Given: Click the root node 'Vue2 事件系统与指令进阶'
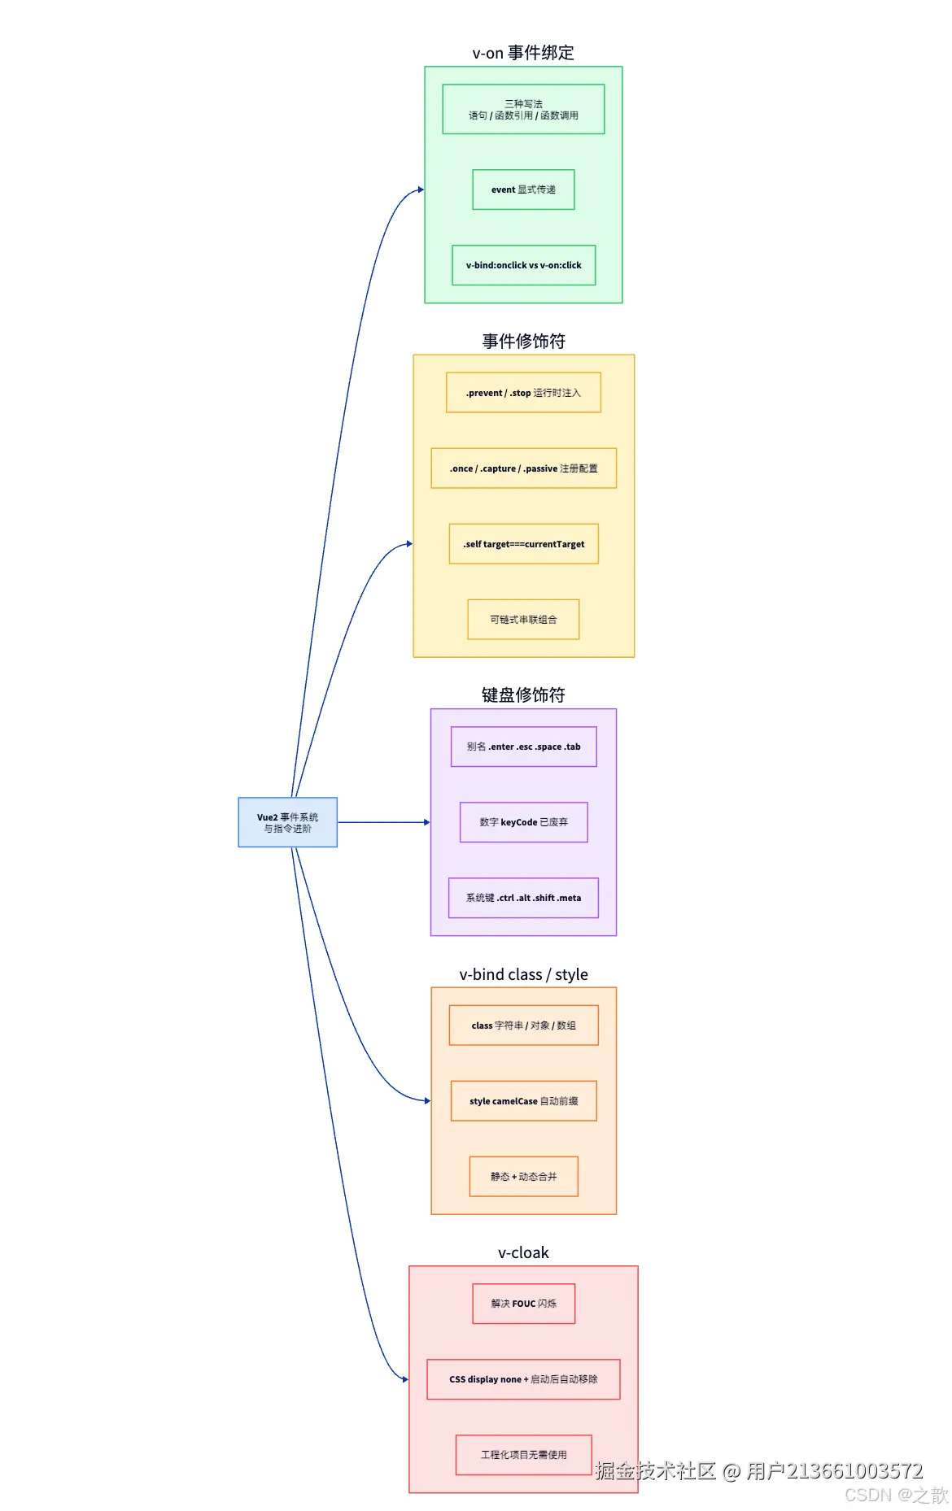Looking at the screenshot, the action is (x=287, y=822).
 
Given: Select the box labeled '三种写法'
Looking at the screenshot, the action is (x=523, y=109).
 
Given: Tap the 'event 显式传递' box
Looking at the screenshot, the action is (x=523, y=189).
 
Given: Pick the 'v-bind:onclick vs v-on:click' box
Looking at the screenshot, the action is (x=523, y=265).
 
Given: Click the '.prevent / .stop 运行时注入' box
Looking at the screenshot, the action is (x=523, y=393).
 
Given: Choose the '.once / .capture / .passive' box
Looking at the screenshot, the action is (x=523, y=468).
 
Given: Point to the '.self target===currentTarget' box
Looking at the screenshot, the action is (x=523, y=544).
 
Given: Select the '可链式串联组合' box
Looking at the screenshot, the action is (x=523, y=620).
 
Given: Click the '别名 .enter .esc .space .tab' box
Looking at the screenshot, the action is (x=523, y=747).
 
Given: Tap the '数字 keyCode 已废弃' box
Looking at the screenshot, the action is (x=523, y=822).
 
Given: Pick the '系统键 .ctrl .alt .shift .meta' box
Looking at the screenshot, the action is (x=523, y=898).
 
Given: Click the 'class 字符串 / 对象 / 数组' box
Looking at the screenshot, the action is (x=523, y=1025).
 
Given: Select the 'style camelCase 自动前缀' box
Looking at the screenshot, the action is (x=523, y=1101).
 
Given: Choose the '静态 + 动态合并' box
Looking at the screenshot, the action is (x=523, y=1177).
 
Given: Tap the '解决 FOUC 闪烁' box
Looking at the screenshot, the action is (x=523, y=1304).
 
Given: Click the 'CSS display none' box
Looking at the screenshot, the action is (x=523, y=1379).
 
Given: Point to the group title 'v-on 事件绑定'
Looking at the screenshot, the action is (x=523, y=53).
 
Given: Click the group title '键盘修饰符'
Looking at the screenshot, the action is (x=523, y=695).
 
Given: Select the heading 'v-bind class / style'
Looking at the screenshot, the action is (x=523, y=974).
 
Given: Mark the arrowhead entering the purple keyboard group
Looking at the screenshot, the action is (x=426, y=822).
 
